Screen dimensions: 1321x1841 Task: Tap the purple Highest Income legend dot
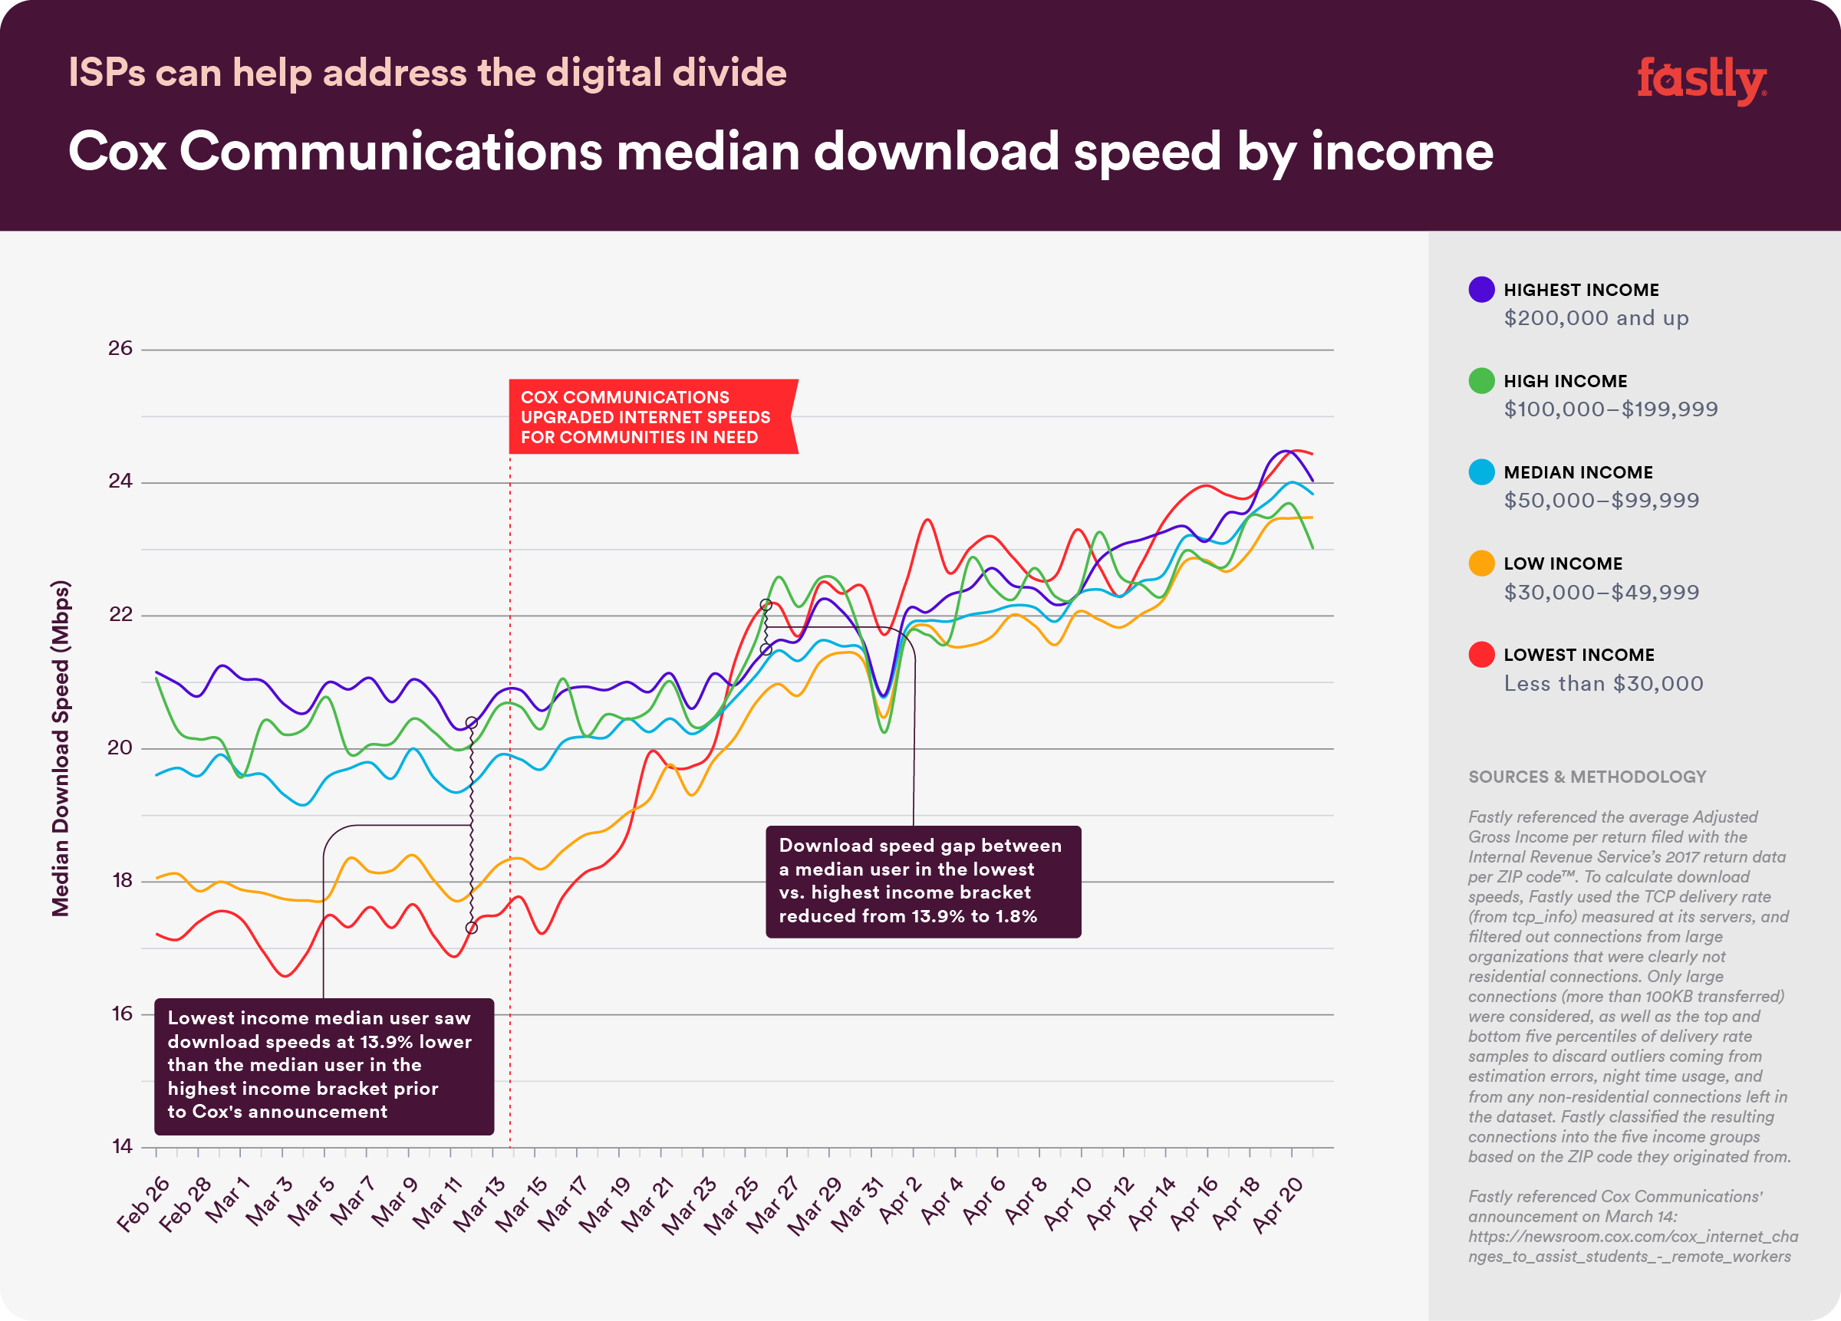coord(1481,290)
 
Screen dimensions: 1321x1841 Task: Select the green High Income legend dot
coord(1481,380)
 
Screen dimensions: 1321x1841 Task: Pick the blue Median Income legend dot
coord(1481,472)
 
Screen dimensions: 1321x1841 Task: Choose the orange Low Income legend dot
coord(1481,563)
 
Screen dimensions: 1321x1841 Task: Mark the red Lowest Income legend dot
coord(1481,655)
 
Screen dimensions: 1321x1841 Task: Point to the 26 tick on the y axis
coord(120,348)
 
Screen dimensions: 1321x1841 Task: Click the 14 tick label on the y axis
coord(122,1146)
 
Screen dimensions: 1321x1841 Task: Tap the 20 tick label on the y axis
coord(120,748)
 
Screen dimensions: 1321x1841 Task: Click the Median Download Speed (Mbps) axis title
coord(61,748)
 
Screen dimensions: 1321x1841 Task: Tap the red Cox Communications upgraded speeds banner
coord(652,417)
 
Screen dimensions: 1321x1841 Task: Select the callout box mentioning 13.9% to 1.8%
coord(923,881)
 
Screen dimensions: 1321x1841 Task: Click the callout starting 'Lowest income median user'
coord(324,1066)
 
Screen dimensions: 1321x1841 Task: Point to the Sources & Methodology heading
coord(1587,777)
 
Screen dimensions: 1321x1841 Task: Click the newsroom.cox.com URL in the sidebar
coord(1632,1247)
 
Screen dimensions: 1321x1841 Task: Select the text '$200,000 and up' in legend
coord(1596,318)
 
